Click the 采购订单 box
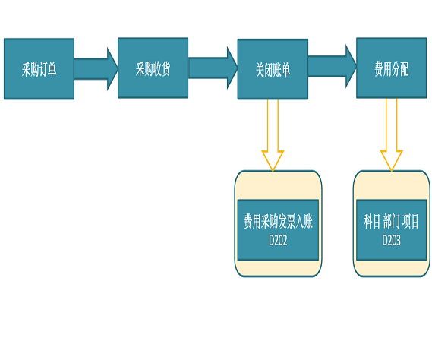tap(39, 69)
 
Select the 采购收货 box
tap(153, 68)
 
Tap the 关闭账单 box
tap(273, 69)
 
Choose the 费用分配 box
tap(392, 68)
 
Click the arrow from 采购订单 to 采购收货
tap(96, 69)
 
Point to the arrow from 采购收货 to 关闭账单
tap(213, 68)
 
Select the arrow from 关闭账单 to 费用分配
tap(333, 66)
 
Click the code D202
tap(278, 240)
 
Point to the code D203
tap(391, 240)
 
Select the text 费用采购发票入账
tap(278, 221)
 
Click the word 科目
tap(372, 221)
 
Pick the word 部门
tap(391, 221)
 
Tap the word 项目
tap(411, 221)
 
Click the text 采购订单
tap(39, 69)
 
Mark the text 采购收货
tap(153, 68)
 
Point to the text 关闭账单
tap(273, 70)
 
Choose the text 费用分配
tap(392, 68)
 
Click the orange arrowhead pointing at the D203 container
tap(392, 160)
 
